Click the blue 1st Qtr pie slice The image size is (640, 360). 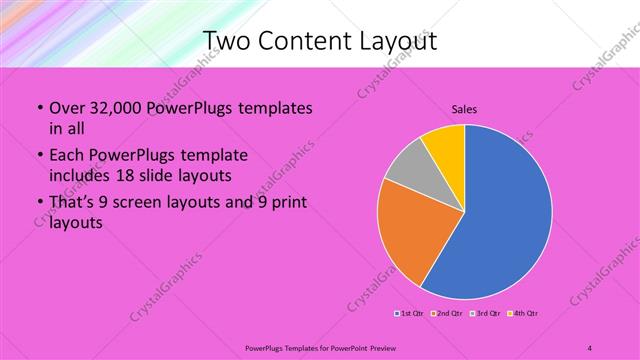tap(505, 215)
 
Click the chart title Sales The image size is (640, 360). tap(465, 108)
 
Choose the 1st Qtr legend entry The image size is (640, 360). tap(410, 314)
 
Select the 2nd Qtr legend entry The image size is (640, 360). tap(447, 314)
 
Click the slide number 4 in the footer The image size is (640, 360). tap(590, 347)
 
